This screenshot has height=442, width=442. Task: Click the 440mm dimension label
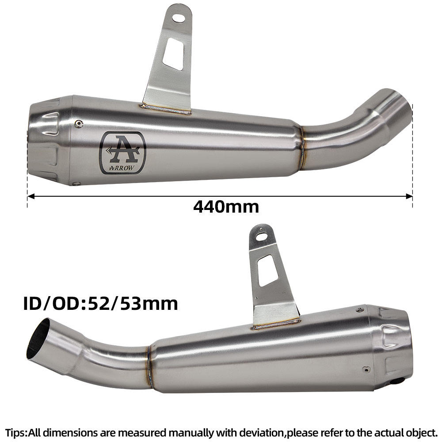(226, 206)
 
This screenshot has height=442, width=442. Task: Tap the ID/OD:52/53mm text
(101, 304)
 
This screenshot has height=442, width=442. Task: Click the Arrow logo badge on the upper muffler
(122, 153)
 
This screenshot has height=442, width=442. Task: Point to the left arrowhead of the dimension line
(31, 196)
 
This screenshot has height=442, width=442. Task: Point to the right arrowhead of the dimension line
(409, 196)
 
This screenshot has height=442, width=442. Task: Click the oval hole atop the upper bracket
(179, 18)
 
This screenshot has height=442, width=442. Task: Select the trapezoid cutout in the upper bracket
(174, 54)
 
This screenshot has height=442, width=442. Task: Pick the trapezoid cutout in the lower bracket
(269, 270)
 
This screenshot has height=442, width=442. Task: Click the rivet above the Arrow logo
(79, 123)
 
